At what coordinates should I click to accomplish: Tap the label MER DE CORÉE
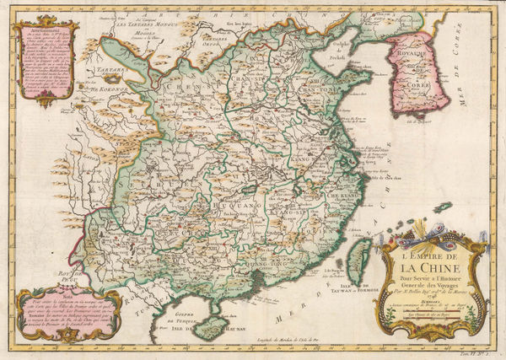[478, 67]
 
